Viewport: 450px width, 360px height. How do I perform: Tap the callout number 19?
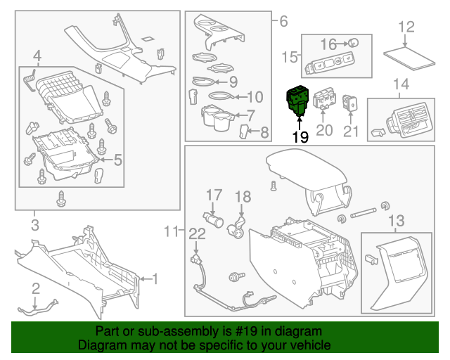(300, 136)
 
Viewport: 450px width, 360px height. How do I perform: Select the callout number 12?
(406, 27)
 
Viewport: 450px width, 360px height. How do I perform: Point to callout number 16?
(329, 44)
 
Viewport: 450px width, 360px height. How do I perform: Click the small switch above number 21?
(350, 103)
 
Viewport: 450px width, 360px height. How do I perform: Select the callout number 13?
(396, 221)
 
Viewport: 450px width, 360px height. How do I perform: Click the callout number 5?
(117, 160)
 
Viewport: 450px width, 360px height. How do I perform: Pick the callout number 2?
(35, 287)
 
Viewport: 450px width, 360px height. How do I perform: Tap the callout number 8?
(264, 131)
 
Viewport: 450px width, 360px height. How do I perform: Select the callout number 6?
(283, 21)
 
